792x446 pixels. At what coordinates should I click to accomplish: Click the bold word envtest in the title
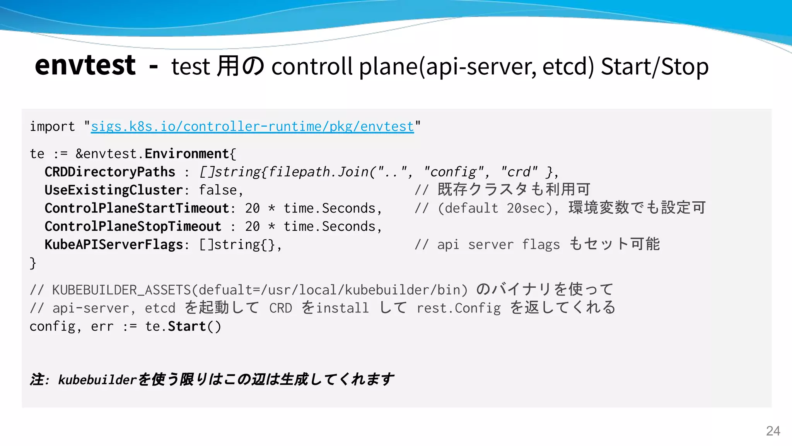coord(85,65)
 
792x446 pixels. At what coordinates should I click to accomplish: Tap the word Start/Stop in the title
coord(654,67)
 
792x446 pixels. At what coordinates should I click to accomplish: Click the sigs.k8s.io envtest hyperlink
coord(252,127)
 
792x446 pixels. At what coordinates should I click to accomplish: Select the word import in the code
coord(52,127)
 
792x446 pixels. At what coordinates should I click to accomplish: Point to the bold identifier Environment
coord(187,154)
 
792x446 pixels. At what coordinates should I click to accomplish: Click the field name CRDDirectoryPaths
coord(110,172)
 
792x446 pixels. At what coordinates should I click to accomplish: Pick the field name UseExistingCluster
coord(114,190)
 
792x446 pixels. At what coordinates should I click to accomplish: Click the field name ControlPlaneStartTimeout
coord(137,208)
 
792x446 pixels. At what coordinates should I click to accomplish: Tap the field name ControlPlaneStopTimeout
coord(133,226)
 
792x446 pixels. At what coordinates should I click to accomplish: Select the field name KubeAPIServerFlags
coord(114,245)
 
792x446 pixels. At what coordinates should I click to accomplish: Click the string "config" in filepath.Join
coord(454,172)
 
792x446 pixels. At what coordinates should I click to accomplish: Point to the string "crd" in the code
coord(519,172)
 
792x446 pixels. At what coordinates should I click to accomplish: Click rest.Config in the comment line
coord(458,308)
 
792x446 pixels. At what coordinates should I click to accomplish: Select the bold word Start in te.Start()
coord(187,326)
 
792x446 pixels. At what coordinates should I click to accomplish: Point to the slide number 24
coord(773,431)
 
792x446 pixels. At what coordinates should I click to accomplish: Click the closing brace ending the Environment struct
coord(33,263)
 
